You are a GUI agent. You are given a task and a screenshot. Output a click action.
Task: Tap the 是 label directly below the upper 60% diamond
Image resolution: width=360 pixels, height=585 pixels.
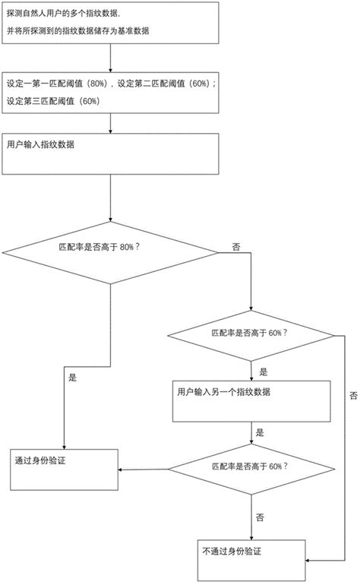point(264,372)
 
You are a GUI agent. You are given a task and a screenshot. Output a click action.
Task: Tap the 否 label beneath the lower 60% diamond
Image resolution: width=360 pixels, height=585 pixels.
point(261,517)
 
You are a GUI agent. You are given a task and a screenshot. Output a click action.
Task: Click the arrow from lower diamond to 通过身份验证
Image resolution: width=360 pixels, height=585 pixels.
point(144,468)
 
